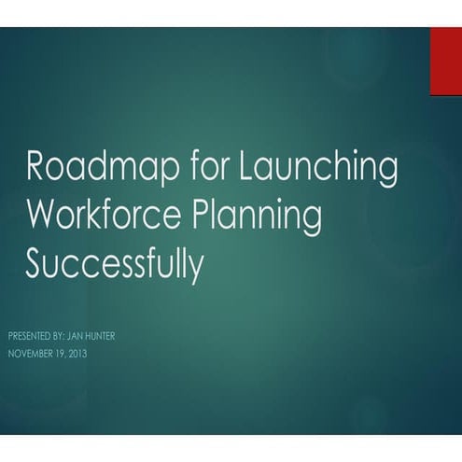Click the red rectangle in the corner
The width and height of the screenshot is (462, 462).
pyautogui.click(x=445, y=61)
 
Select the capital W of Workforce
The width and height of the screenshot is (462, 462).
pyautogui.click(x=43, y=217)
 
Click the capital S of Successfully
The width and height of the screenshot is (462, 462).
pyautogui.click(x=35, y=264)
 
